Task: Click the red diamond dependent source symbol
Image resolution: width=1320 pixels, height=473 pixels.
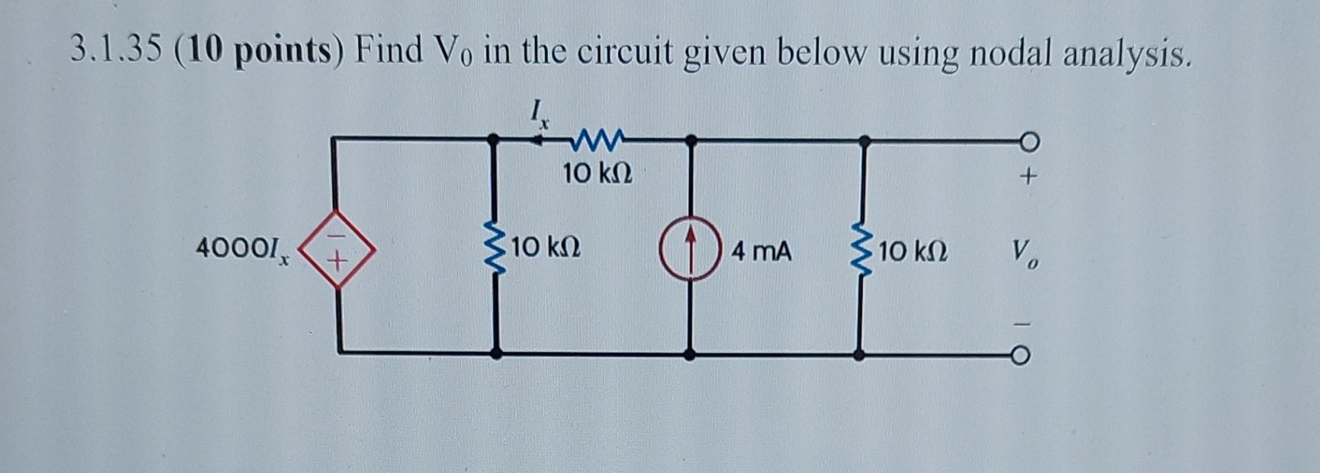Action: click(337, 248)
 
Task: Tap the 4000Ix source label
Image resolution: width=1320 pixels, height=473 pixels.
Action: click(243, 248)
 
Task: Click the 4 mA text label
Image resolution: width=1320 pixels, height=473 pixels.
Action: click(761, 251)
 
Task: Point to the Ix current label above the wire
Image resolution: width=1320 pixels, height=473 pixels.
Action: click(540, 113)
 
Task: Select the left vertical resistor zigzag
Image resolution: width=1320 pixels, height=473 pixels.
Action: click(494, 248)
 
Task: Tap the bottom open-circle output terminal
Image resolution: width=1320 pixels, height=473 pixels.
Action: click(1022, 355)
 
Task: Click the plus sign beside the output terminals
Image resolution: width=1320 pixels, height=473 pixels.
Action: click(1027, 177)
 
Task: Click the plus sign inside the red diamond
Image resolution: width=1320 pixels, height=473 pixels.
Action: click(337, 262)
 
